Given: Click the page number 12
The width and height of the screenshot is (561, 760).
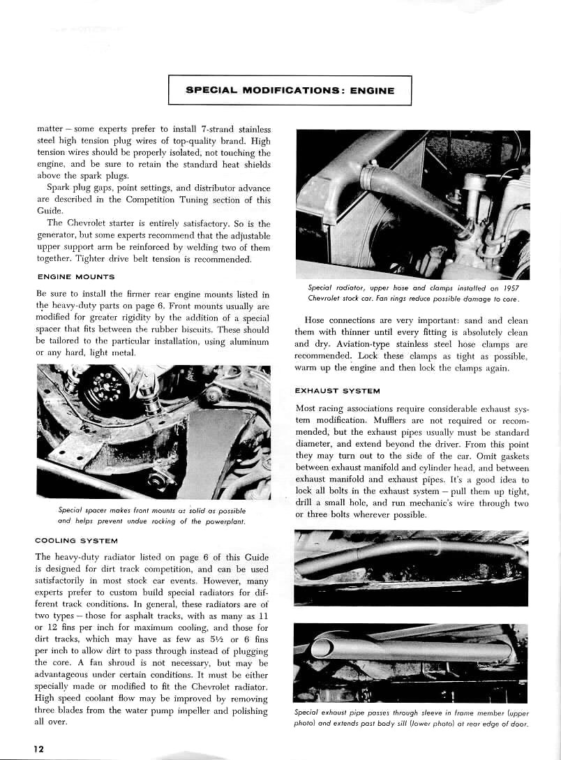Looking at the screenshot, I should click(39, 748).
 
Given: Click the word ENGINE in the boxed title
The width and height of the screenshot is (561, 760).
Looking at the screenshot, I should click(369, 90).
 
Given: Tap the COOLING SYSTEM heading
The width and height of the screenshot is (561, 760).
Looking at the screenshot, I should click(76, 540).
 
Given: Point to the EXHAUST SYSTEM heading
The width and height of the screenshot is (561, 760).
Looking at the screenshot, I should click(337, 391).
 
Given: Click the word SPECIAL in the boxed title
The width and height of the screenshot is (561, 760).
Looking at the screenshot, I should click(211, 90).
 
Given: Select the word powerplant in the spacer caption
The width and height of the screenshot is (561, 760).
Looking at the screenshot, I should click(219, 521).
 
